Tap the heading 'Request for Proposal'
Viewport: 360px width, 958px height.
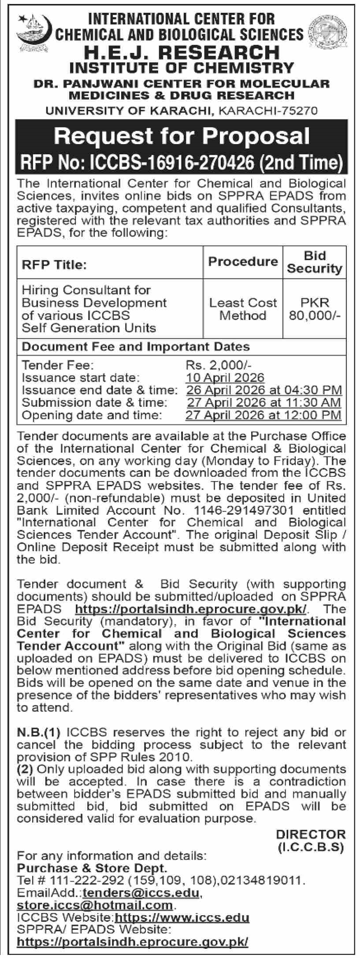pyautogui.click(x=182, y=136)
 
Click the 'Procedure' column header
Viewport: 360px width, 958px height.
pyautogui.click(x=243, y=262)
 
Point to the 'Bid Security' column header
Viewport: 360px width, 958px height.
pyautogui.click(x=315, y=262)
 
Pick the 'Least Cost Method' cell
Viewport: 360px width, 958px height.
pyautogui.click(x=243, y=309)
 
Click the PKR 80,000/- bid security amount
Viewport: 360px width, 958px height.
pyautogui.click(x=315, y=309)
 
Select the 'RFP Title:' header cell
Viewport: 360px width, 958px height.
pyautogui.click(x=54, y=265)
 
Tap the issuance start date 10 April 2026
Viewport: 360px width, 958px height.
pyautogui.click(x=225, y=378)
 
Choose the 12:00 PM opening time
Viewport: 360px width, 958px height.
pyautogui.click(x=316, y=415)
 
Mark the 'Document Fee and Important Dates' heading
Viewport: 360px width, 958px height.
pyautogui.click(x=136, y=346)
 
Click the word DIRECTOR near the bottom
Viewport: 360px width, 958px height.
pyautogui.click(x=311, y=834)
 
